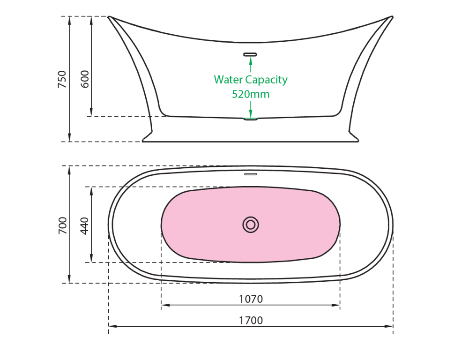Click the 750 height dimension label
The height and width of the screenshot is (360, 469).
click(x=62, y=79)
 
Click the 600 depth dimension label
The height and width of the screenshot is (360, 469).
click(x=85, y=79)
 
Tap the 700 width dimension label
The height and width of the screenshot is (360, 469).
click(x=62, y=225)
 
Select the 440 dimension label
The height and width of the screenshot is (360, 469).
click(x=85, y=225)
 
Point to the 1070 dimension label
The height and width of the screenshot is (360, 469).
click(x=251, y=299)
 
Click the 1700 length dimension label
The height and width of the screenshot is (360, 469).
click(x=251, y=321)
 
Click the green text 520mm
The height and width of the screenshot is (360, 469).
click(x=251, y=94)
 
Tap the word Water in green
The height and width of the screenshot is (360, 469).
click(x=228, y=80)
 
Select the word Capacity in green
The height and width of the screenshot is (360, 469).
click(x=266, y=80)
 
